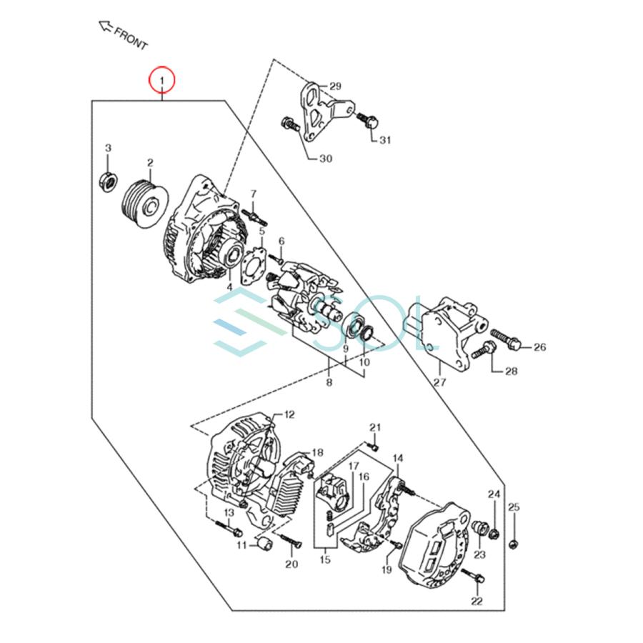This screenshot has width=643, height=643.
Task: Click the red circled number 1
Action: tap(162, 79)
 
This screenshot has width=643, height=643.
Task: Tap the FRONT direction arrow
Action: tap(106, 28)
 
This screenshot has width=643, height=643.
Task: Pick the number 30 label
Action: tap(325, 159)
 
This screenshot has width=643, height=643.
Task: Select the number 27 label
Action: tap(439, 382)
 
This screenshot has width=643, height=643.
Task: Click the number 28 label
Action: tap(511, 371)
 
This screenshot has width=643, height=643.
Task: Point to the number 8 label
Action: tap(329, 383)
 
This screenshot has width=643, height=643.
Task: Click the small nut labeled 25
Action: tap(514, 544)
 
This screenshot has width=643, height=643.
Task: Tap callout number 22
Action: tap(477, 601)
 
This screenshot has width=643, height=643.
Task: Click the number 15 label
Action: tap(325, 559)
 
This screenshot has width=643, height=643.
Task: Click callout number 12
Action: tap(289, 414)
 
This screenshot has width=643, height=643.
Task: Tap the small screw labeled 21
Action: tap(372, 446)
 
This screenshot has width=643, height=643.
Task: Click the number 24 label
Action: tap(494, 494)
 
